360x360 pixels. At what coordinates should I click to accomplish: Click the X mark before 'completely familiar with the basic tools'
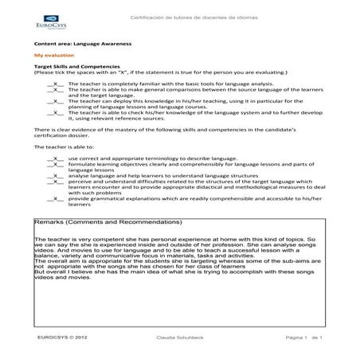(57, 83)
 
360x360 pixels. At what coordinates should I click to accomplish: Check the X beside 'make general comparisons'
(57, 90)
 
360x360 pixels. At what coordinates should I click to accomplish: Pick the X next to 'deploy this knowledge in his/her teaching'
(57, 101)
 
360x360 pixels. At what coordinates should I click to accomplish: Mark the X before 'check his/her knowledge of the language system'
(57, 112)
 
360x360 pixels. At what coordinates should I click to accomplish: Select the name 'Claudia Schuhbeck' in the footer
(180, 338)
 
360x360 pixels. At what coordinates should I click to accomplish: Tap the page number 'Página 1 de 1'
(302, 338)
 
